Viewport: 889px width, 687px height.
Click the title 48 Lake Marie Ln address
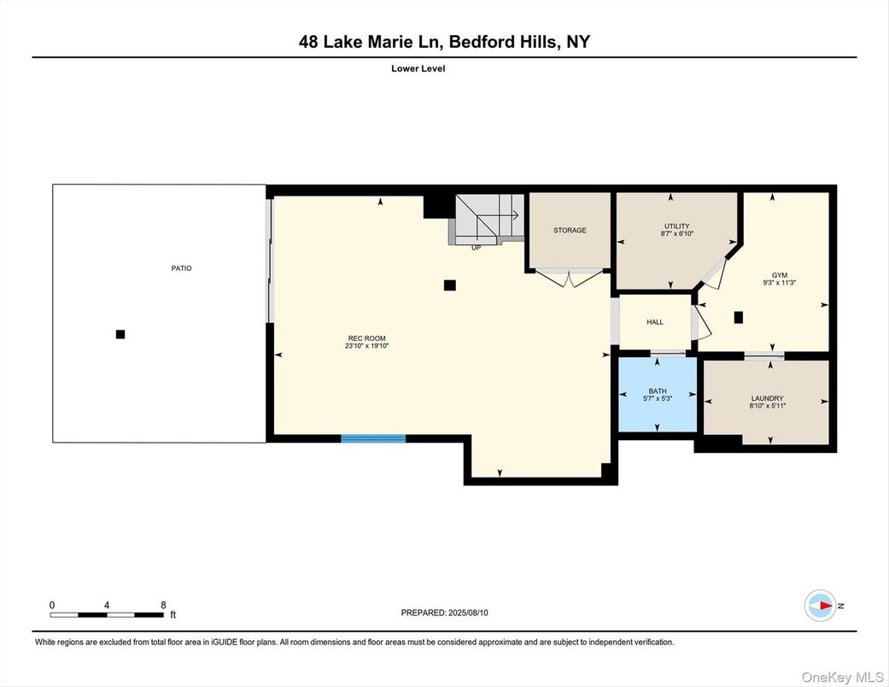[444, 42]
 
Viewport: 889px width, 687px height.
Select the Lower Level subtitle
[418, 69]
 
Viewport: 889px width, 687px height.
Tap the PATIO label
[181, 268]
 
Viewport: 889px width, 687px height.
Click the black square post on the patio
[120, 334]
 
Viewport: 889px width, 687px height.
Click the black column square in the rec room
[450, 285]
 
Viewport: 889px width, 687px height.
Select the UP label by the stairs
[476, 248]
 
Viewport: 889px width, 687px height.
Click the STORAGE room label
[570, 230]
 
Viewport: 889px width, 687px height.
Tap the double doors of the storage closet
[564, 278]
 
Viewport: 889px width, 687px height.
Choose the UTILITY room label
[677, 226]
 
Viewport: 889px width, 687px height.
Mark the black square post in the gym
[739, 317]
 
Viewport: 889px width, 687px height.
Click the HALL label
[655, 322]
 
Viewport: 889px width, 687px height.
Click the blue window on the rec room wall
[373, 439]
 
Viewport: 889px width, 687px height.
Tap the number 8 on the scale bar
[162, 604]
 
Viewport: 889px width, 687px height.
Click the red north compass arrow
[823, 606]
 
